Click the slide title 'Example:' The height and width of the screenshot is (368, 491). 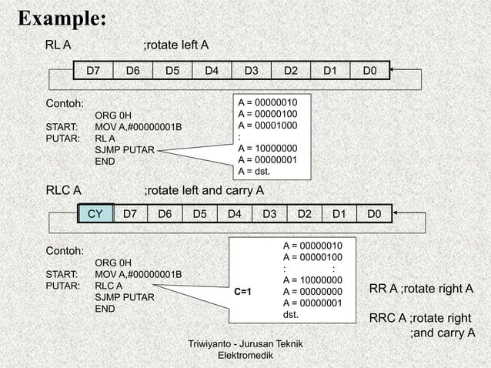pos(62,18)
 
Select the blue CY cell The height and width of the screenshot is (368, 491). pos(96,213)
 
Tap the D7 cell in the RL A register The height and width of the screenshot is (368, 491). pos(93,71)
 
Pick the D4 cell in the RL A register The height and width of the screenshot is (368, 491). pos(212,71)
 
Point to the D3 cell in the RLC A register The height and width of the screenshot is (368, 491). pos(269,213)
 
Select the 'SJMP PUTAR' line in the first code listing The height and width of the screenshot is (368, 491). pos(124,150)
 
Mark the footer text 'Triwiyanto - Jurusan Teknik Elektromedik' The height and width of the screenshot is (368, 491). pos(241,350)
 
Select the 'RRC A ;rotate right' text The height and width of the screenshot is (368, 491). pos(419,319)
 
